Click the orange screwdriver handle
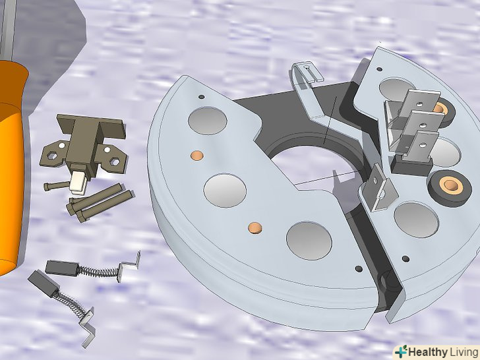13,165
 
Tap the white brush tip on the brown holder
77,183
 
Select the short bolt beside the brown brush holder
57,185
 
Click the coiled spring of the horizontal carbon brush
98,271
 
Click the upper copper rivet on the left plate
197,155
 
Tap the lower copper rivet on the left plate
255,227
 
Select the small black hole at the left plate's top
202,97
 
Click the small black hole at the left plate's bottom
359,269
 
